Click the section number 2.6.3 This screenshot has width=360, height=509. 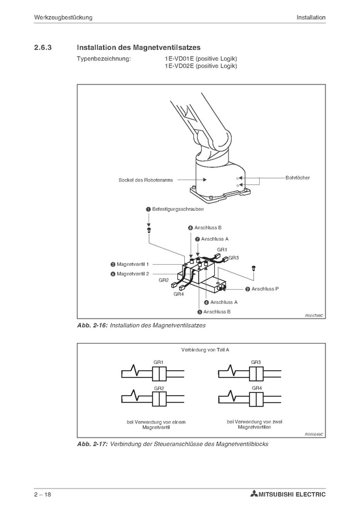(x=43, y=48)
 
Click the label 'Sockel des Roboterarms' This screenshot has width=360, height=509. (x=146, y=180)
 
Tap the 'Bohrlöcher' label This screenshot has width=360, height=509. (x=298, y=177)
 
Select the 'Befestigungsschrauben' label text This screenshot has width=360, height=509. (x=178, y=209)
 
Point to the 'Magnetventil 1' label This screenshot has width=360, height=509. (x=133, y=264)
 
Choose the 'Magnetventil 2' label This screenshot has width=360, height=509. (x=133, y=274)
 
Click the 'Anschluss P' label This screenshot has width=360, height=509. (x=265, y=289)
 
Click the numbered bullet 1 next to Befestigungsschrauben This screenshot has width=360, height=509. (x=149, y=209)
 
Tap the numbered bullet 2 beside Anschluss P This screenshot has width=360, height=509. (x=248, y=289)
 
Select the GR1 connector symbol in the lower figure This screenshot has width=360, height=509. (x=159, y=374)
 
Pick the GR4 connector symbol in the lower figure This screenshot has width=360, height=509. (x=256, y=399)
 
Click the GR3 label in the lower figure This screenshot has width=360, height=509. (x=256, y=362)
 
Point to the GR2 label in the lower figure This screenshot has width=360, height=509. (x=159, y=388)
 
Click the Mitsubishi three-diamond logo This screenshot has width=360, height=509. (x=253, y=495)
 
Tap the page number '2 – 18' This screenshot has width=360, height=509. (x=43, y=495)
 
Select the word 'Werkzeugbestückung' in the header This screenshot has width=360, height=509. (x=63, y=18)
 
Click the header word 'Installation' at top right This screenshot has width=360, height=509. (x=311, y=18)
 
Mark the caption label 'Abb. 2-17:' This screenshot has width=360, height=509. (x=92, y=444)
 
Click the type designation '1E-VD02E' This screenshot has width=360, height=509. (x=179, y=66)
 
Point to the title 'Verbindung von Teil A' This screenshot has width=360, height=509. (x=205, y=350)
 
